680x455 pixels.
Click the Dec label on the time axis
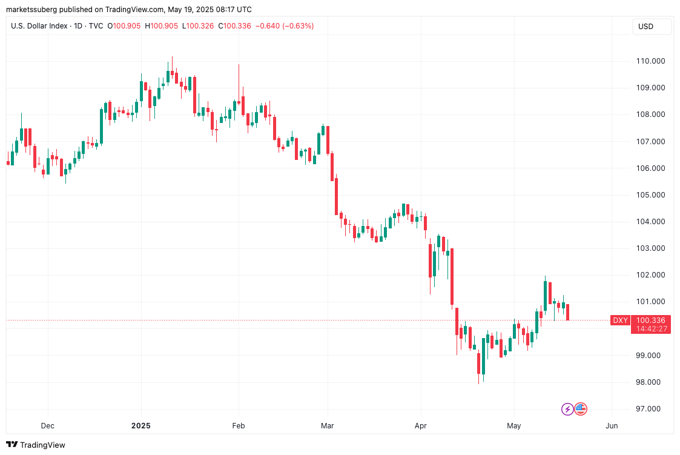pos(47,426)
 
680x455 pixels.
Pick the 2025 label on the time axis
pos(140,426)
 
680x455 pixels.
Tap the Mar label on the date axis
pos(328,426)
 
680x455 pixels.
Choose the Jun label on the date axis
pos(612,426)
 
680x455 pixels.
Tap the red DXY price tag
pos(620,320)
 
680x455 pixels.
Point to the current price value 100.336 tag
pos(651,320)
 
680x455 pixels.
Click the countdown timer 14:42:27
pos(651,329)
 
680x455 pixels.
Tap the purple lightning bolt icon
pos(567,409)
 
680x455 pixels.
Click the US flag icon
pos(581,409)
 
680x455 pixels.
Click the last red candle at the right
pos(568,312)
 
